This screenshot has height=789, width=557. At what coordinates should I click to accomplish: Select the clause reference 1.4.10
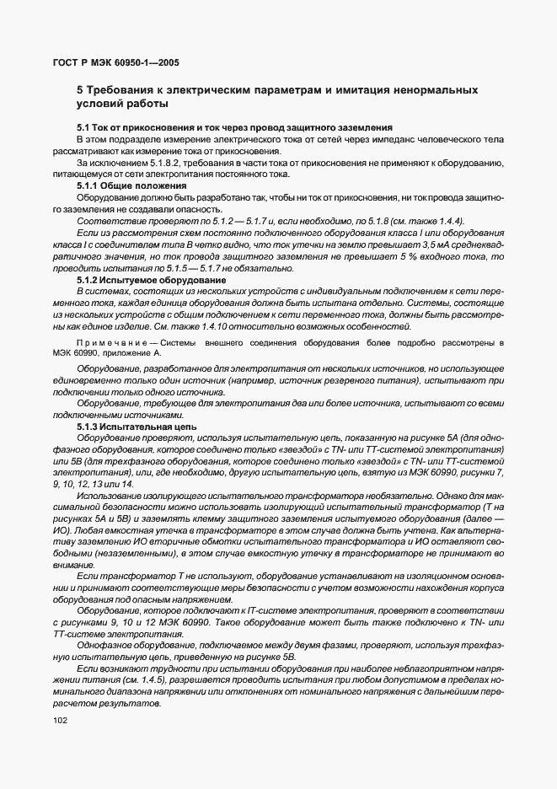[206, 326]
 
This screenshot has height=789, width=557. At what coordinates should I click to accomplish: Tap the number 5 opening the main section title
[80, 89]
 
